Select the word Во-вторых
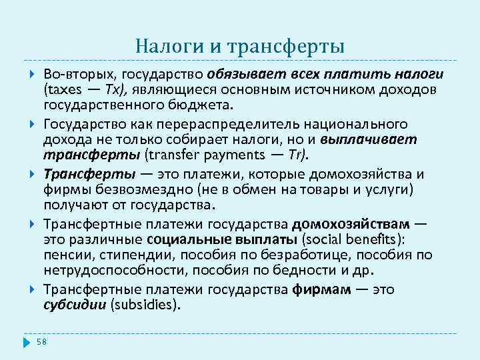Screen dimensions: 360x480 tap(71, 73)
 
